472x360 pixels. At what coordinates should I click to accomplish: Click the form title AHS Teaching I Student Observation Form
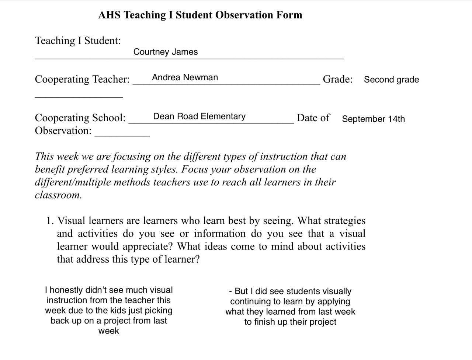point(200,15)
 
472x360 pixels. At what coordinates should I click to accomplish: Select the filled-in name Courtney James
point(166,52)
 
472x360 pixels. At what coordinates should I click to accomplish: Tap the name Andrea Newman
point(185,77)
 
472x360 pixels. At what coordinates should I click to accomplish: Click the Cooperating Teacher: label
point(82,79)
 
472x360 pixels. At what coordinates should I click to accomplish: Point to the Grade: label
point(337,79)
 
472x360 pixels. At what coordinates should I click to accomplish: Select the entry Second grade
point(391,80)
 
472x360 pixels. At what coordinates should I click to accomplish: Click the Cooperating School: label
point(80,118)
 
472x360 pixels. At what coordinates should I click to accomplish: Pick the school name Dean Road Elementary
point(199,116)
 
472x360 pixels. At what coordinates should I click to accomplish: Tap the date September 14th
point(373,119)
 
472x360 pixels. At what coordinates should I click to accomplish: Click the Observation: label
point(63,131)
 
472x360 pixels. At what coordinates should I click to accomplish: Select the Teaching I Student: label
point(78,41)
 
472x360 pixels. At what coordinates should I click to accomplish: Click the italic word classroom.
point(58,195)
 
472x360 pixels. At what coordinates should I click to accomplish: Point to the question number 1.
point(50,221)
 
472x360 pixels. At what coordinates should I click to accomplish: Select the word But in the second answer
point(241,291)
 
